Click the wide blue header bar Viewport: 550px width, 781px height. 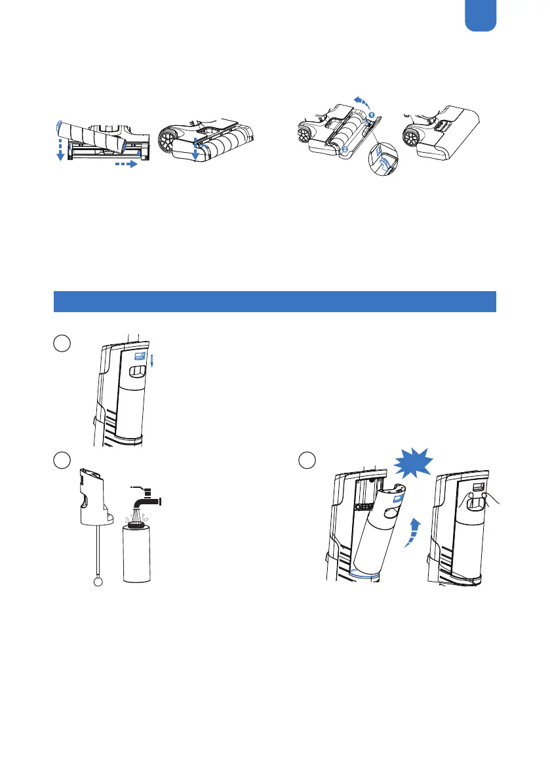click(x=275, y=301)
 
